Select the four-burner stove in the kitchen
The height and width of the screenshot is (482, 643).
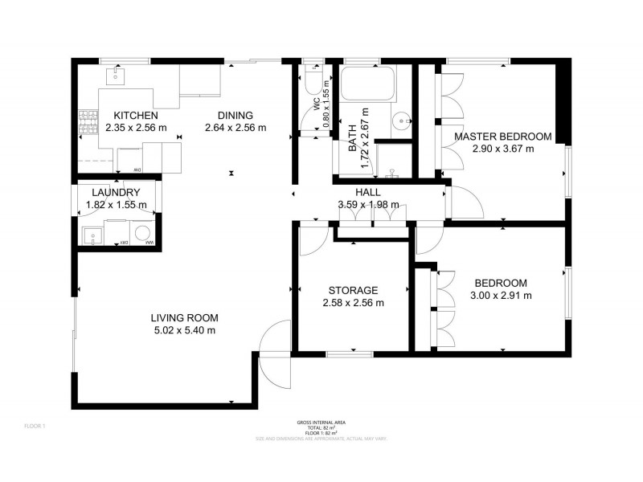pyautogui.click(x=84, y=124)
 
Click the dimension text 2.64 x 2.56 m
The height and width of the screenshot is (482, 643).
pyautogui.click(x=235, y=128)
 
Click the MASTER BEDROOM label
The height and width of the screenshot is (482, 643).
pyautogui.click(x=502, y=137)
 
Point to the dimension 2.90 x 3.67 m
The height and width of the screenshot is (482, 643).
pyautogui.click(x=502, y=149)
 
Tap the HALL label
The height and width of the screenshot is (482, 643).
pyautogui.click(x=368, y=193)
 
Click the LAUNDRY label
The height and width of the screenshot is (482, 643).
pyautogui.click(x=117, y=193)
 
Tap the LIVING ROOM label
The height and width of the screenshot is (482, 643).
pyautogui.click(x=184, y=317)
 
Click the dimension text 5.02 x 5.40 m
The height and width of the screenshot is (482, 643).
pyautogui.click(x=184, y=330)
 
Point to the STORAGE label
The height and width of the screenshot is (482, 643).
pyautogui.click(x=353, y=290)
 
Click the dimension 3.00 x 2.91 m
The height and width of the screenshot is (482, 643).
pyautogui.click(x=500, y=296)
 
